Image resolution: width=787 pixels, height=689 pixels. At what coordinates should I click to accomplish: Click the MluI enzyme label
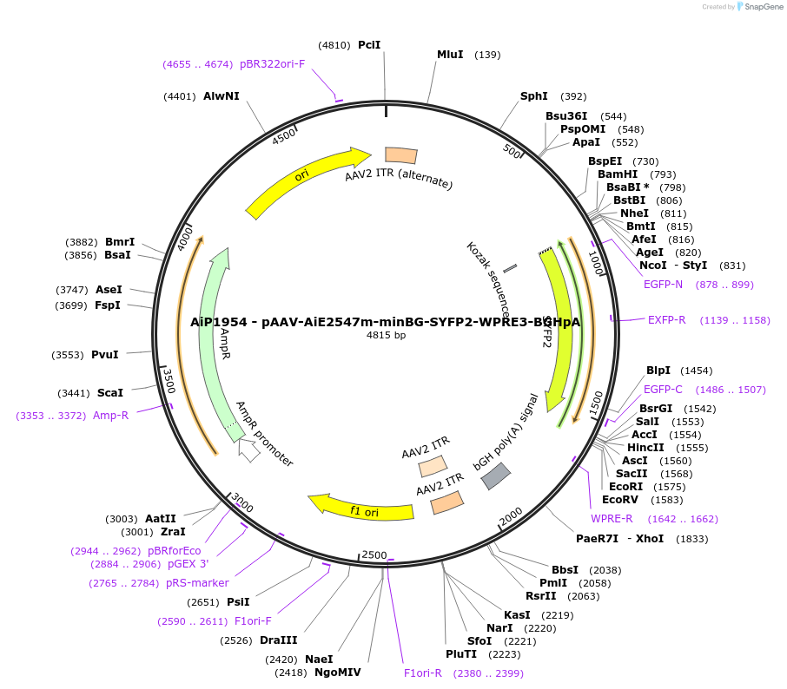(x=449, y=55)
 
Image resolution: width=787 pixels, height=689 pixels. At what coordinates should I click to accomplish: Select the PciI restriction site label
(x=369, y=44)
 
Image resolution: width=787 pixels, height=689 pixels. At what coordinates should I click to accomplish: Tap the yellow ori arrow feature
(x=304, y=180)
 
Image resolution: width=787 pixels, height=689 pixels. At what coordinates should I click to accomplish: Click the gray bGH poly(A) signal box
(x=496, y=475)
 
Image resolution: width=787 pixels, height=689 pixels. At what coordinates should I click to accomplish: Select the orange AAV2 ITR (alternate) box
(x=400, y=155)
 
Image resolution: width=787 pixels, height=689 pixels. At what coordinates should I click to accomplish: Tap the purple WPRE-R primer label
(x=612, y=519)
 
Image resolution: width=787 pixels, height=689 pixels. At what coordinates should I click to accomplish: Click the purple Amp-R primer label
(x=110, y=416)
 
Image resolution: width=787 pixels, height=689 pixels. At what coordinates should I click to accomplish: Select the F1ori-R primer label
(x=423, y=673)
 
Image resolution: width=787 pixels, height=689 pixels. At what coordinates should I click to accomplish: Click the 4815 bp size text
(x=386, y=335)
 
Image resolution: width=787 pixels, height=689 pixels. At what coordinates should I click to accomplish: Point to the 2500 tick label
(x=374, y=554)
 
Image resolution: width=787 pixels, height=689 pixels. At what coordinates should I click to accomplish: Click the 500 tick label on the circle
(x=512, y=152)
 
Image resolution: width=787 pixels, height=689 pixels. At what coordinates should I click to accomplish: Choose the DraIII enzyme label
(x=278, y=640)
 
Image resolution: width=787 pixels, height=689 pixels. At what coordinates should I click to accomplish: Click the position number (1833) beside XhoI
(x=691, y=539)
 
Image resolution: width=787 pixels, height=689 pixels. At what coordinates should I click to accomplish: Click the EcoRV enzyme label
(x=619, y=500)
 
